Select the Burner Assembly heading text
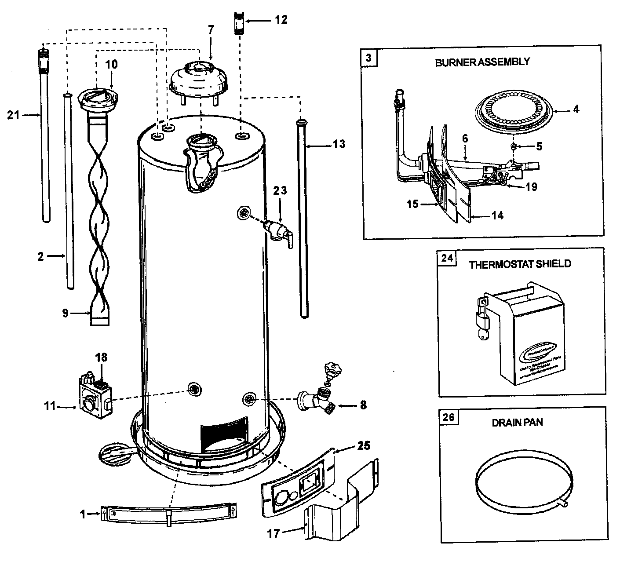(482, 62)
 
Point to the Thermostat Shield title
(520, 264)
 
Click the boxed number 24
(446, 258)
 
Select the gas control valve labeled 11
(94, 395)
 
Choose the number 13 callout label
(339, 144)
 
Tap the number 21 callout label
(14, 115)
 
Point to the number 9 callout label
(66, 314)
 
